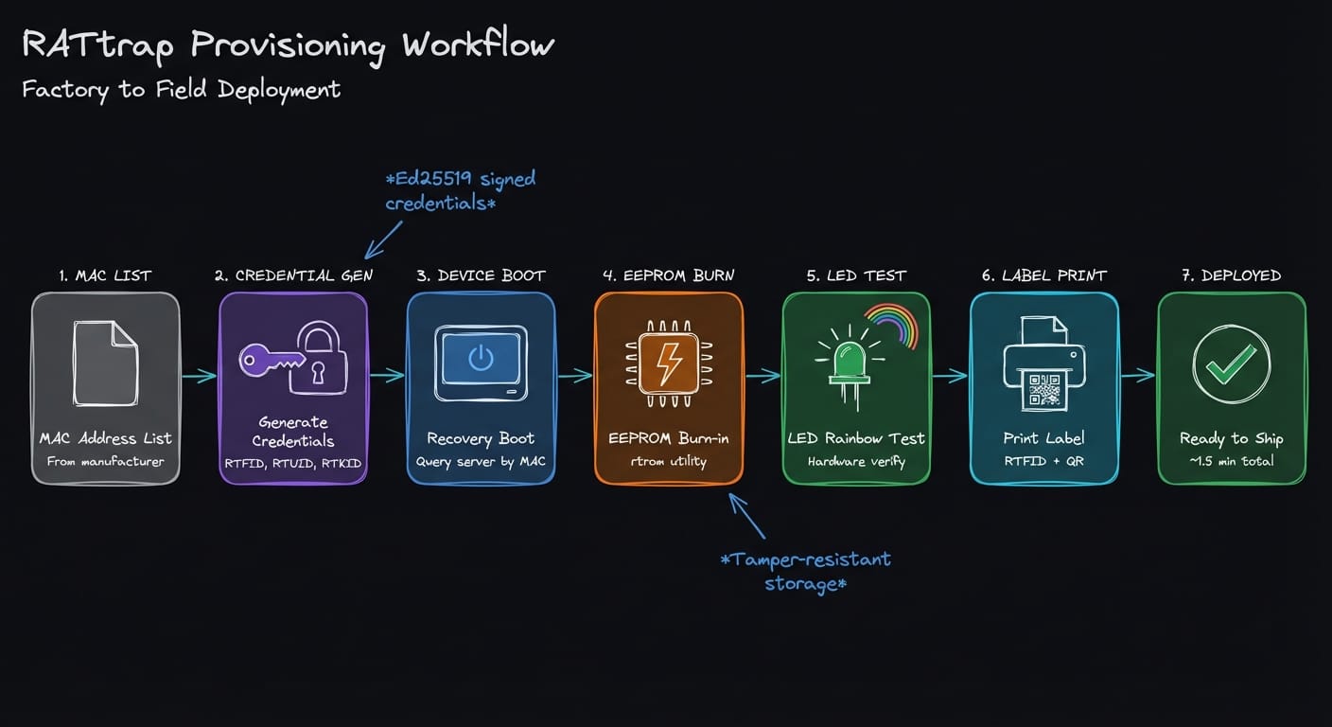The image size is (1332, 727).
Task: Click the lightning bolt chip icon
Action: coord(669,363)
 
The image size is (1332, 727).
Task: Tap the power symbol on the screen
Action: coord(481,357)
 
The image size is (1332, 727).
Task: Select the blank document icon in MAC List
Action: coord(105,363)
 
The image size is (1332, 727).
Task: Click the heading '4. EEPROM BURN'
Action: coord(669,275)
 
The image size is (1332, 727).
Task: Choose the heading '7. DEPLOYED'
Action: coord(1231,275)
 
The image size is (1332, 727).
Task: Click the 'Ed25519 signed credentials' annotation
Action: coord(461,189)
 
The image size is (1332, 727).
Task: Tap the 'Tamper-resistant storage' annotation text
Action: coord(805,571)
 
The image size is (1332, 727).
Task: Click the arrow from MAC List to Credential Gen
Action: coord(199,377)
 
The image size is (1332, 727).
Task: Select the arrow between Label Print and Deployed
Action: coord(1138,376)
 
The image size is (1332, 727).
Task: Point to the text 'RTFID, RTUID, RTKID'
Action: coord(292,462)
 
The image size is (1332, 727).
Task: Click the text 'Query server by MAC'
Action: coord(481,462)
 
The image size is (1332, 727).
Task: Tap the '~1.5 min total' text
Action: coord(1231,461)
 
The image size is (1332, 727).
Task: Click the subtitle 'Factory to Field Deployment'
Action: coord(181,90)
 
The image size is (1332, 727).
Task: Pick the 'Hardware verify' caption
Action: coord(856,462)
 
